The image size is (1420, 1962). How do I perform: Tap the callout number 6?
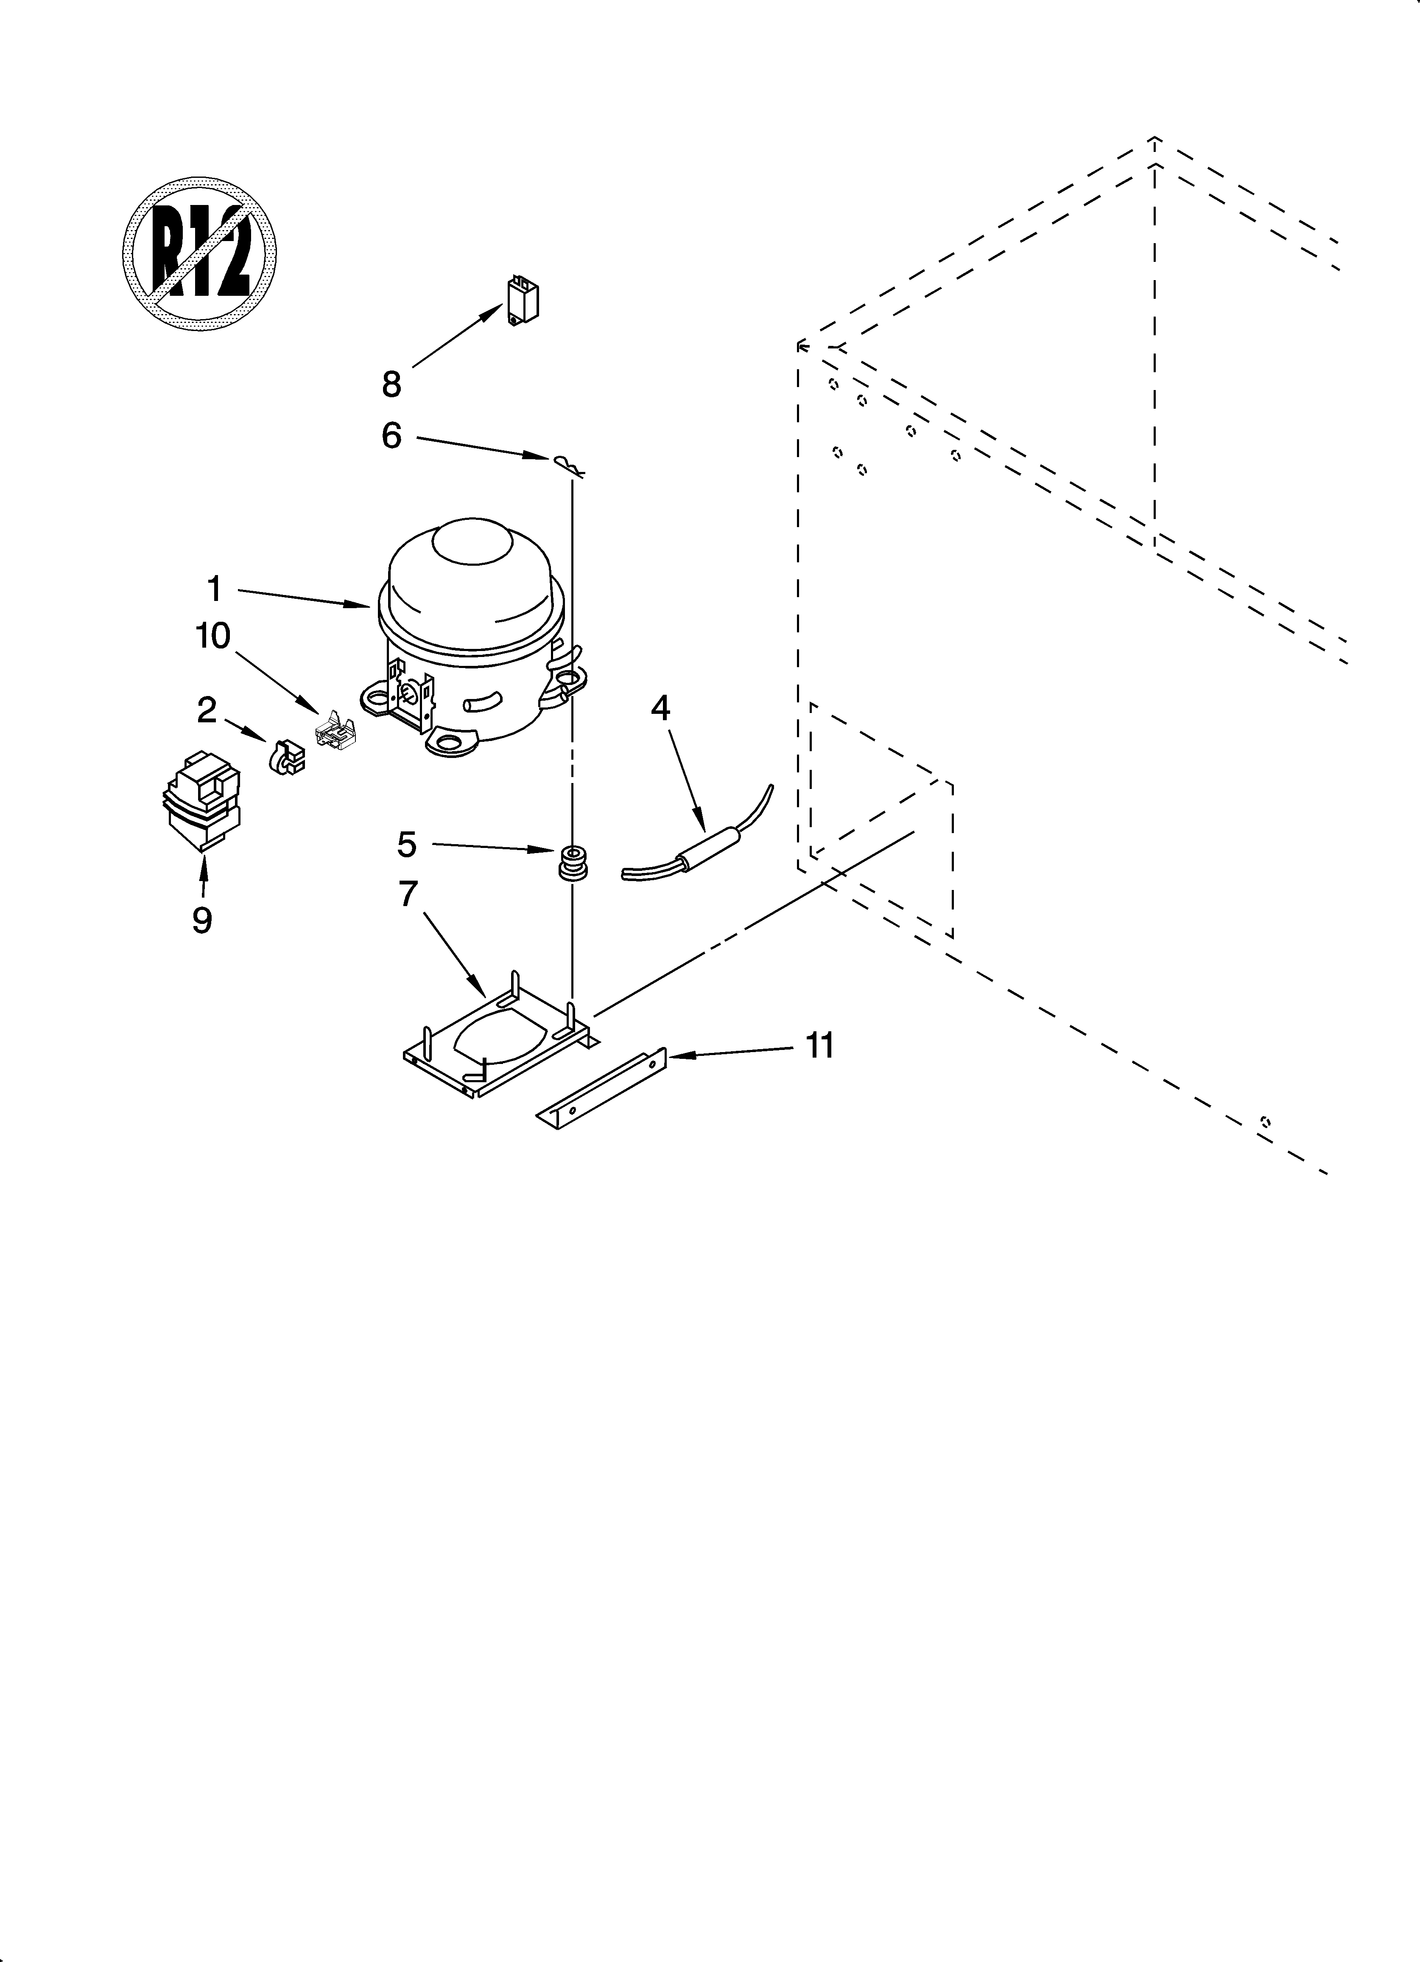tap(392, 436)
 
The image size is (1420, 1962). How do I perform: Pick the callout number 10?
tap(213, 636)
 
